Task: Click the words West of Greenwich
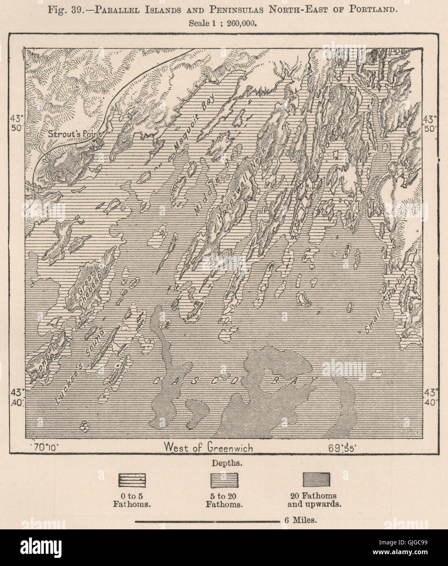(208, 448)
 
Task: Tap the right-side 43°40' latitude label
(431, 397)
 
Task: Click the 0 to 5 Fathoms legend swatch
(132, 480)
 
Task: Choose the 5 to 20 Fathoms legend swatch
(224, 480)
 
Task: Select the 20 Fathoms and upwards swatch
(316, 480)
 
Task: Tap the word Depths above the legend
(224, 463)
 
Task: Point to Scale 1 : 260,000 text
(223, 23)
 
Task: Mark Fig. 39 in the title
(65, 9)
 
